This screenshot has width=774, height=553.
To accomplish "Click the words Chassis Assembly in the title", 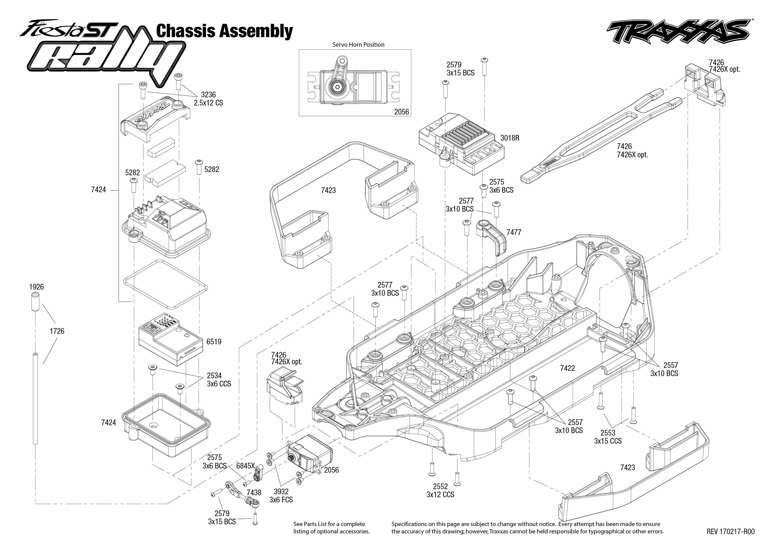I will (224, 31).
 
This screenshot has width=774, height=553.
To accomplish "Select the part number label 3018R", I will (510, 138).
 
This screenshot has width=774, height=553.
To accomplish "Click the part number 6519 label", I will (214, 342).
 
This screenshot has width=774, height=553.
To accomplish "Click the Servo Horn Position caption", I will (358, 44).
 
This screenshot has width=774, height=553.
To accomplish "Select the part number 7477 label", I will (514, 232).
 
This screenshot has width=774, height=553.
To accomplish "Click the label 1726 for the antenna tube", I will (57, 331).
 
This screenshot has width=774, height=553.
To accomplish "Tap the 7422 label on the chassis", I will (567, 368).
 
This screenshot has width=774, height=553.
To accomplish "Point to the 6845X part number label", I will (245, 466).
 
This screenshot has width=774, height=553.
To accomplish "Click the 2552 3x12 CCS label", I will (440, 490).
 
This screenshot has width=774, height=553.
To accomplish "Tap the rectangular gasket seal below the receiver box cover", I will (165, 283).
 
